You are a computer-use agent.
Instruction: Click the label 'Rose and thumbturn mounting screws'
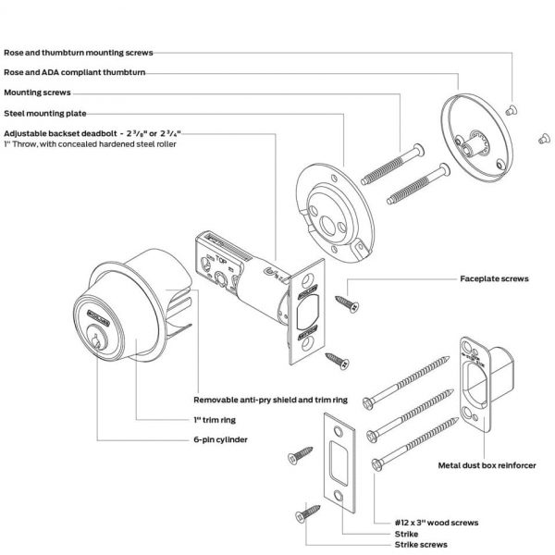[79, 53]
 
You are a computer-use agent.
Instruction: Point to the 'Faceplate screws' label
[494, 278]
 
